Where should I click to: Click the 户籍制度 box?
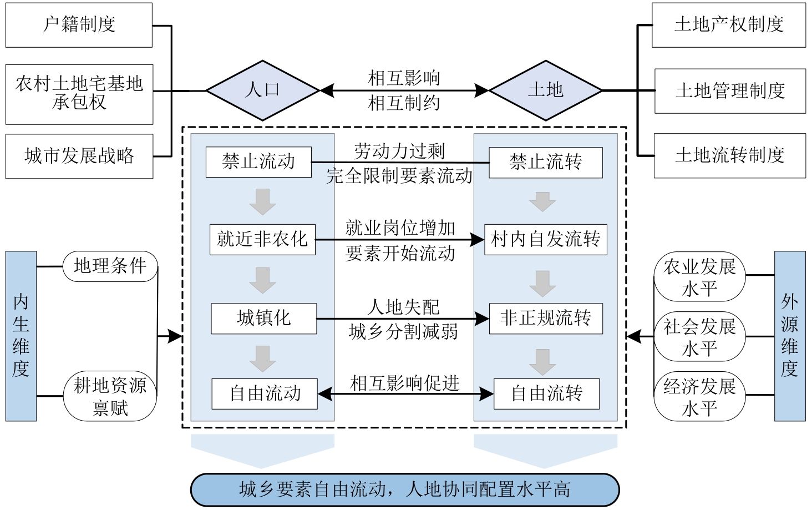[x=79, y=25]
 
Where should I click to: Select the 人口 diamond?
[x=262, y=90]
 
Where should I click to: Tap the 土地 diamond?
[x=545, y=90]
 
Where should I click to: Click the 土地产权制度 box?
[x=728, y=25]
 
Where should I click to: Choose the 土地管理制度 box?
[x=730, y=91]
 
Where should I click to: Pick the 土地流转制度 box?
[x=729, y=155]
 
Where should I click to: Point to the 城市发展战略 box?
[x=79, y=156]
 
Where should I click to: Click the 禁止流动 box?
[x=258, y=162]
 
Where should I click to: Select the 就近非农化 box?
[x=262, y=239]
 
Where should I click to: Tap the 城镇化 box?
[x=263, y=318]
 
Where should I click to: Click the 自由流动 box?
[x=265, y=393]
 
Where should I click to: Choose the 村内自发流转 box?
[x=546, y=239]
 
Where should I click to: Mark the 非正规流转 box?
[x=546, y=318]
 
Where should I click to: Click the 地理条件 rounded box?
[x=110, y=266]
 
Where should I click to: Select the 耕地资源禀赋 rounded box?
[x=110, y=396]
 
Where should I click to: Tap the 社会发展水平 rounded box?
[x=699, y=337]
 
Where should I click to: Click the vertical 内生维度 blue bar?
[x=21, y=336]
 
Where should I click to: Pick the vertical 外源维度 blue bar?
[x=789, y=336]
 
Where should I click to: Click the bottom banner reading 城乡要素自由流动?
[x=404, y=489]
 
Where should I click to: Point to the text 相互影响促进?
[x=405, y=383]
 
